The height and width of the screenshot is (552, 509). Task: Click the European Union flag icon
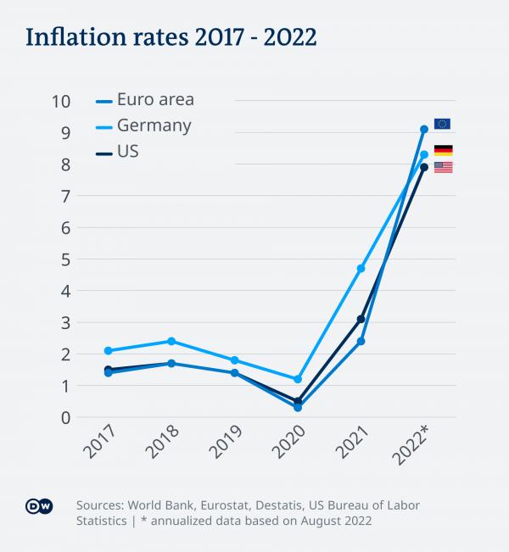(442, 124)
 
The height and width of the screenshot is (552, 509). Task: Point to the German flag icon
(443, 150)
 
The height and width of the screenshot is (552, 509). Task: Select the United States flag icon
(443, 167)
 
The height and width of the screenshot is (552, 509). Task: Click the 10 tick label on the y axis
(60, 101)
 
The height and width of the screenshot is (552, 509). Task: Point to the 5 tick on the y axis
(64, 259)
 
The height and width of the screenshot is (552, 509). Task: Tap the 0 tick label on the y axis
(64, 417)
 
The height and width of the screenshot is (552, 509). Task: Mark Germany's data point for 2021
(361, 268)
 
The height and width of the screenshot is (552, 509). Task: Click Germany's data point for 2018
(171, 341)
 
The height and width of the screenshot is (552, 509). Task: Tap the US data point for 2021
(361, 319)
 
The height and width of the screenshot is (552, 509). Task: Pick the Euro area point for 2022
(424, 129)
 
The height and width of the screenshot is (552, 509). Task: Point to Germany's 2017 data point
(108, 350)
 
